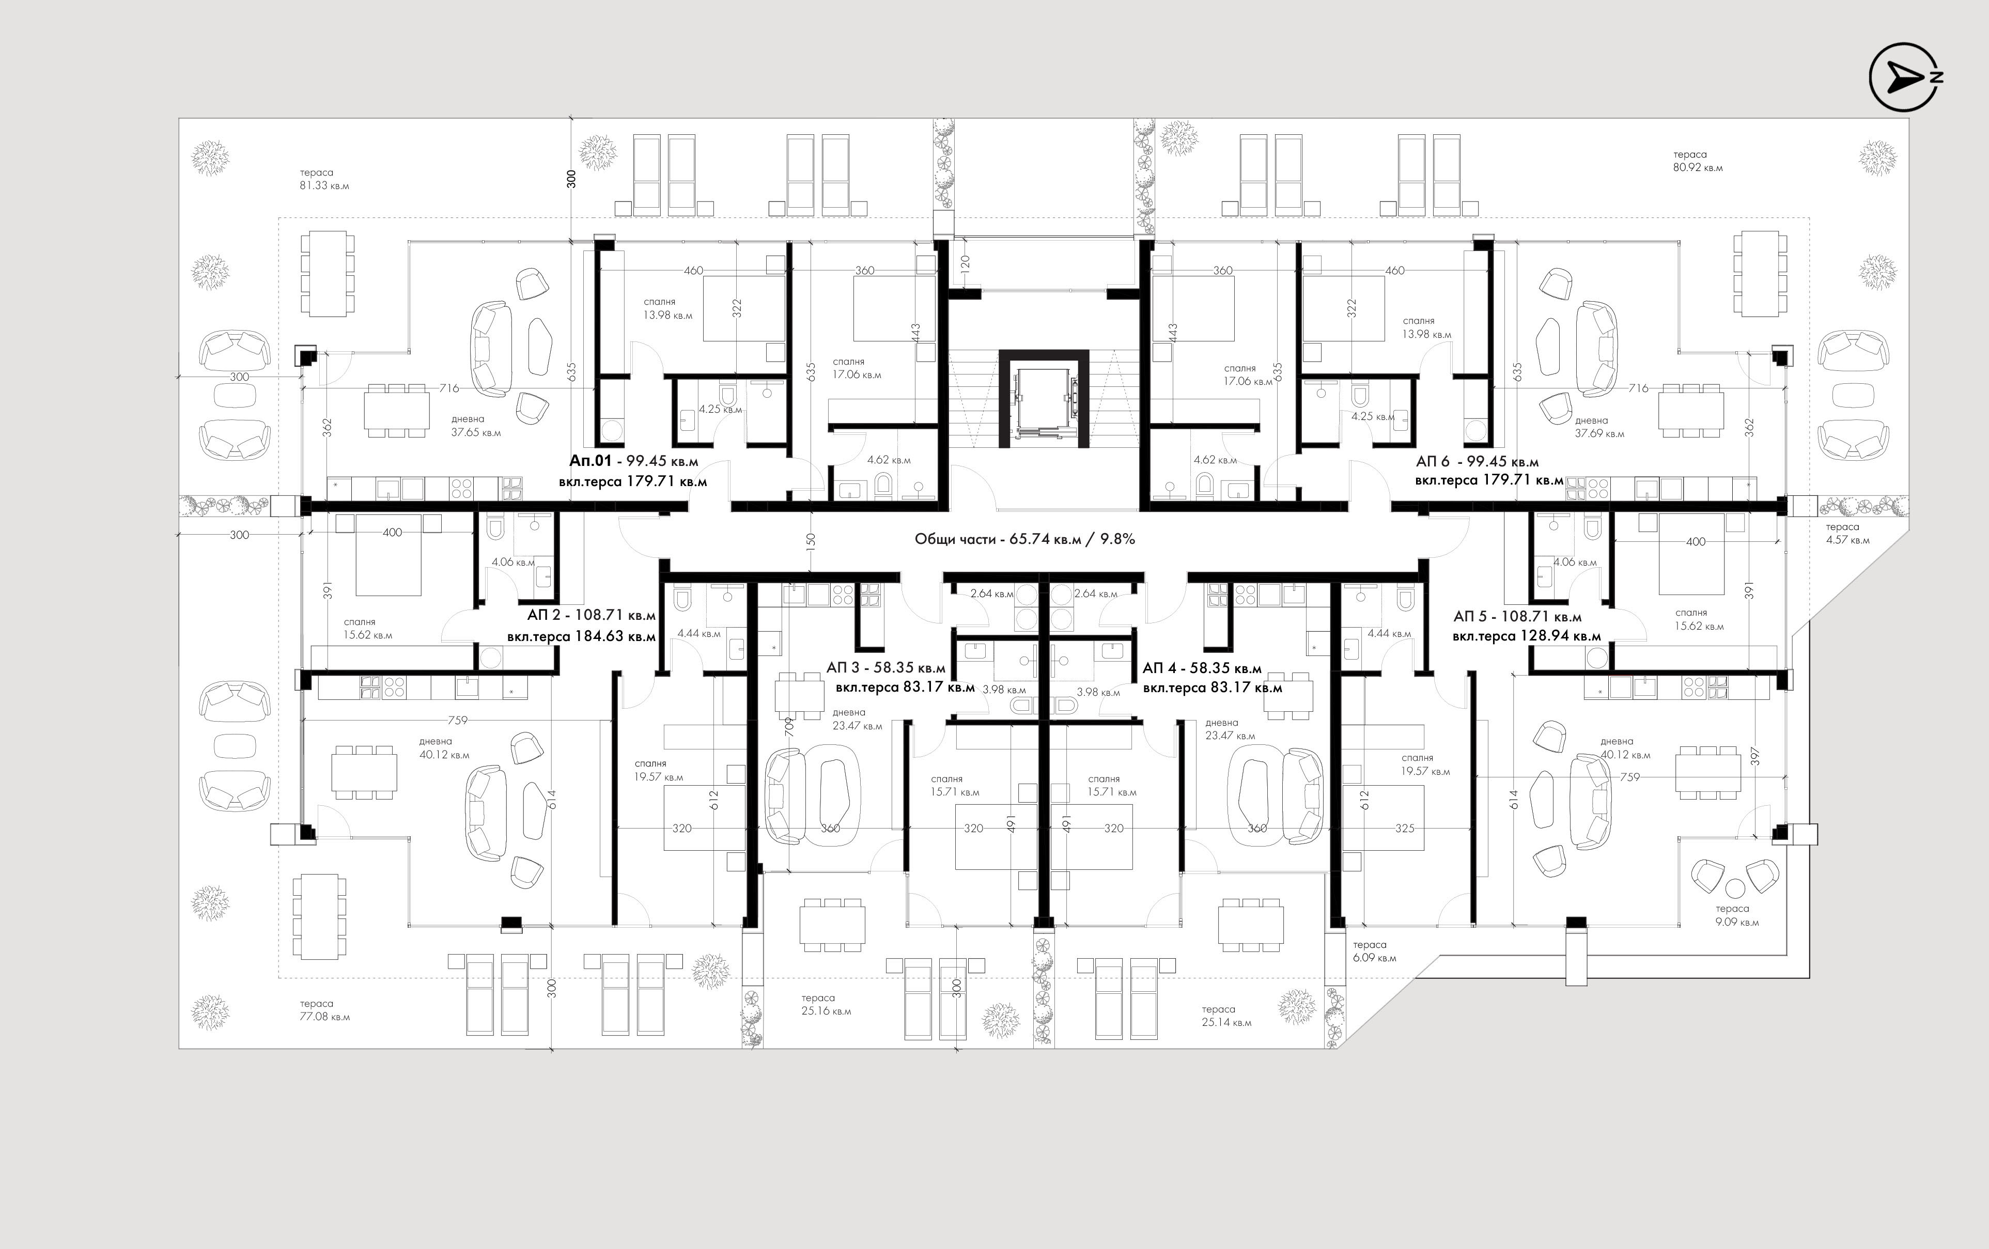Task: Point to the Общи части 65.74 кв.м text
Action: pos(1024,539)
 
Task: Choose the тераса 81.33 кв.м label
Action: pos(324,179)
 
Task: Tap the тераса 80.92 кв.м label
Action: pos(1698,161)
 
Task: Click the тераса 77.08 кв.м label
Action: pos(324,1010)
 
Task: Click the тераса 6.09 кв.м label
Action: pos(1374,951)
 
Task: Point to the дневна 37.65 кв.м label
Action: pos(476,426)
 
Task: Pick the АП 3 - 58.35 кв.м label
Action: pos(885,667)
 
